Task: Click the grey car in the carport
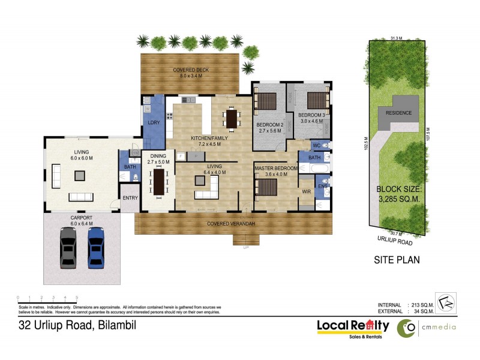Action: click(x=68, y=247)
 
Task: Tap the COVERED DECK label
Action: click(x=191, y=70)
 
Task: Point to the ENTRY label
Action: click(x=130, y=198)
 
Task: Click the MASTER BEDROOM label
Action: click(x=276, y=169)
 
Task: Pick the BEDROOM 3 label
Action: click(x=311, y=115)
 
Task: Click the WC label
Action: click(x=316, y=146)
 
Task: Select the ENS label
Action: click(x=322, y=187)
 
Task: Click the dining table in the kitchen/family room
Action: click(x=232, y=118)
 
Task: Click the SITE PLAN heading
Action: click(x=397, y=260)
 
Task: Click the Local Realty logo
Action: click(x=353, y=327)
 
